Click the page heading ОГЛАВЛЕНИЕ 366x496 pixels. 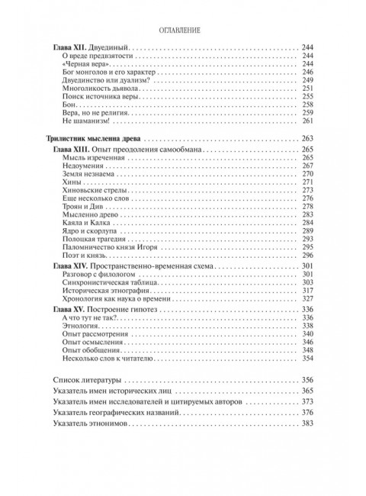click(183, 31)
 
